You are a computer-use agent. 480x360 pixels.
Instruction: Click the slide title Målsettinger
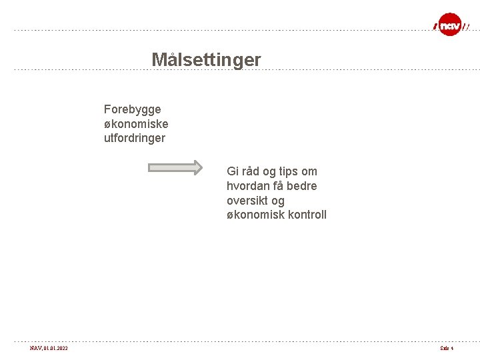[x=206, y=60]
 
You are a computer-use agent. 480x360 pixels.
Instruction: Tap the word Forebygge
[x=132, y=109]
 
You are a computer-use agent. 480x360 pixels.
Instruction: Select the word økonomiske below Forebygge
[x=136, y=124]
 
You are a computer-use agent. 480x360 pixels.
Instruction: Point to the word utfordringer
[x=135, y=139]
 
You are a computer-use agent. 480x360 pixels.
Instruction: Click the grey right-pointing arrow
[x=175, y=167]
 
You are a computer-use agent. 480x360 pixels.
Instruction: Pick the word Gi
[x=233, y=171]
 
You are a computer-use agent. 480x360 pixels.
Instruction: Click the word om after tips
[x=309, y=171]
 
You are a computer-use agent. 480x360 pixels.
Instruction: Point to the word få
[x=280, y=186]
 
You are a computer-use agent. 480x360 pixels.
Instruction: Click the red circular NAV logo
[x=450, y=25]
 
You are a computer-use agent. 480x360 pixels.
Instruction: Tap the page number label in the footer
[x=446, y=349]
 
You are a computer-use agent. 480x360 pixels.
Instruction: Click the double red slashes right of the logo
[x=467, y=27]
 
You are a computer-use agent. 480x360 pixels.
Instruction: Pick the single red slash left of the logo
[x=435, y=27]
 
